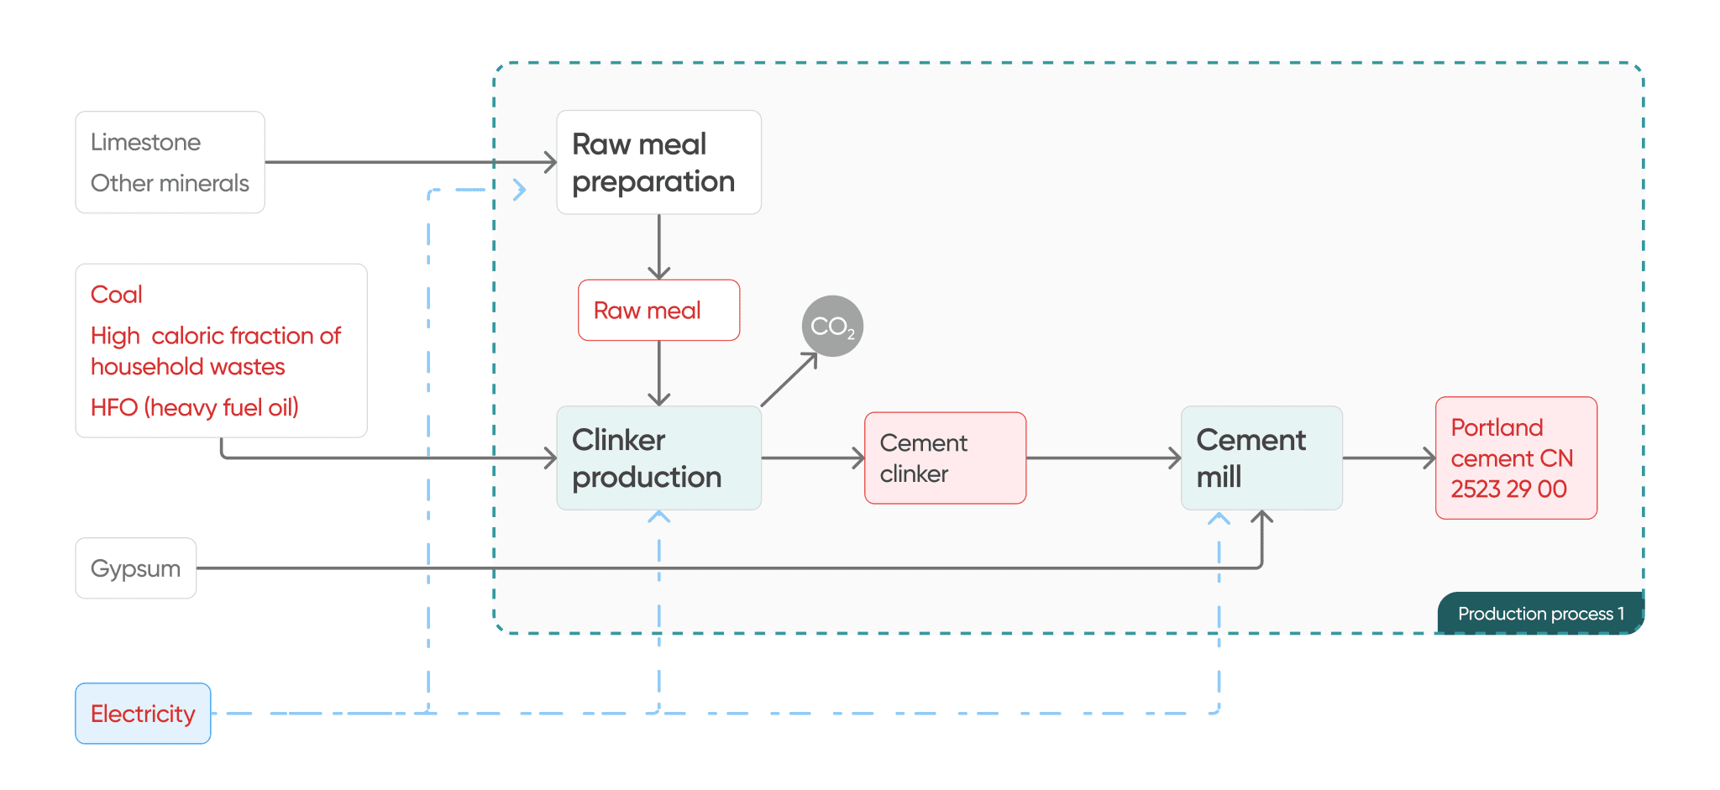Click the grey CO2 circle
click(832, 326)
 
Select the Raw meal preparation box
click(658, 162)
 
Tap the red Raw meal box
click(658, 310)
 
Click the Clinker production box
click(658, 458)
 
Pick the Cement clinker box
click(945, 458)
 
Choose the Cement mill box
click(1261, 458)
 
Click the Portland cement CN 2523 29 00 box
click(1516, 458)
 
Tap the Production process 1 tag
click(1539, 614)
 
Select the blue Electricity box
click(143, 714)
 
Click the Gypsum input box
click(135, 568)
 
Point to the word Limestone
click(145, 142)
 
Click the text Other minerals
click(170, 183)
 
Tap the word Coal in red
click(116, 295)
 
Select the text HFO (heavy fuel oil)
click(194, 407)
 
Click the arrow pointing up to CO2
click(790, 379)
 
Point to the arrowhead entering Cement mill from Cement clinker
click(1175, 458)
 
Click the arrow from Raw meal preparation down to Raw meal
click(658, 247)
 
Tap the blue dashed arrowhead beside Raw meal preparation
click(520, 190)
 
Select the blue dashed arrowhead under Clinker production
click(658, 516)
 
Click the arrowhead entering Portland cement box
click(1429, 458)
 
